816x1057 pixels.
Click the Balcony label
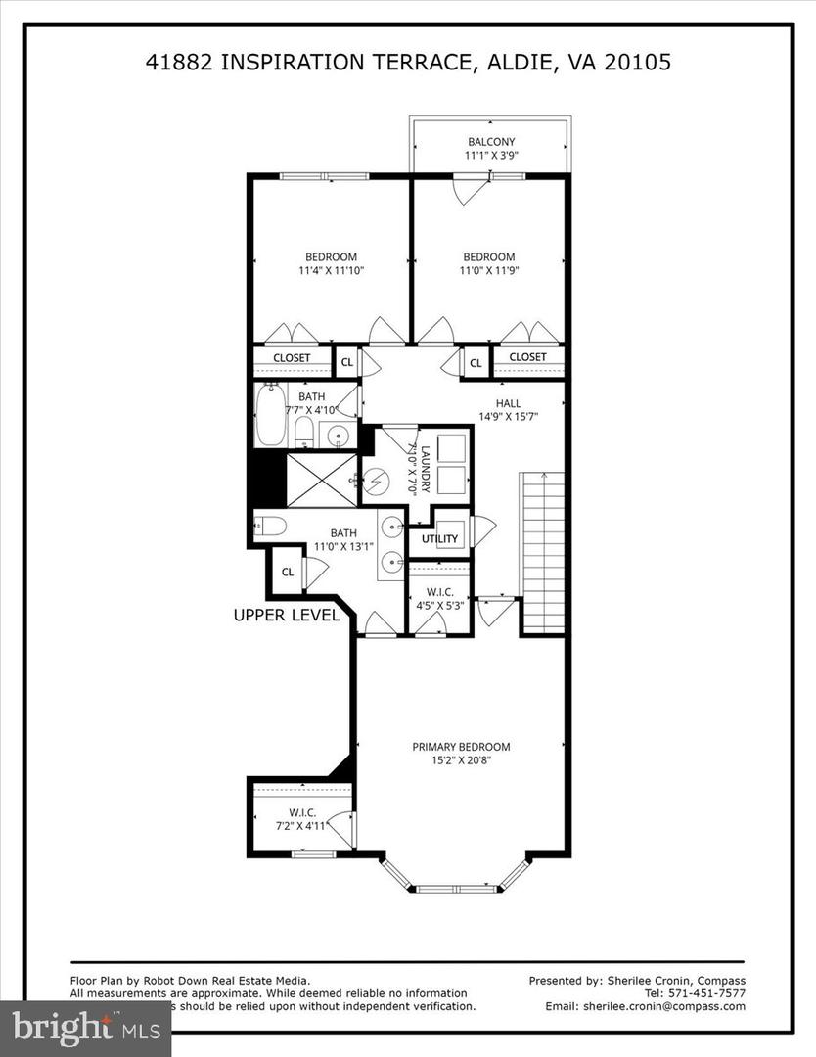click(x=490, y=142)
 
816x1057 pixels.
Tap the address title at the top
click(x=408, y=62)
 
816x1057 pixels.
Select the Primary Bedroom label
click(x=461, y=747)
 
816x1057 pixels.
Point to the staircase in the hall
click(x=542, y=552)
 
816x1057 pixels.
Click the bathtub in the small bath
click(x=271, y=415)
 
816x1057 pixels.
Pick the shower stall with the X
click(x=322, y=480)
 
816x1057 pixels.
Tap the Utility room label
click(x=439, y=538)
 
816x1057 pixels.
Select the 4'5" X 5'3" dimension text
click(x=439, y=605)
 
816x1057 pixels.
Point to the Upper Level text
click(x=287, y=616)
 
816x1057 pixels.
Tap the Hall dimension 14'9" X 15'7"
click(x=508, y=416)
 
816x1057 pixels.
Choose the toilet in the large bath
click(x=271, y=527)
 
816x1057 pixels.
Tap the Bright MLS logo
click(x=85, y=1027)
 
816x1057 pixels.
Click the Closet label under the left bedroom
click(x=292, y=358)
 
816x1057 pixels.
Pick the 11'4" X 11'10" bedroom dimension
click(x=331, y=271)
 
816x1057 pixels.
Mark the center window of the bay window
click(x=456, y=889)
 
